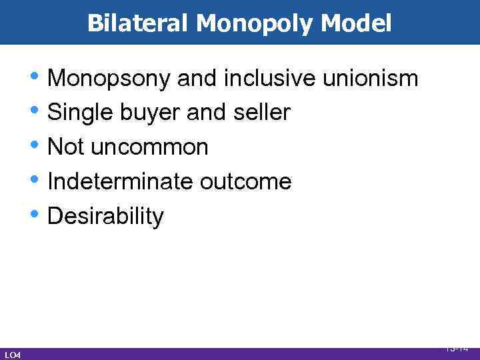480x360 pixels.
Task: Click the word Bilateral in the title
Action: (138, 24)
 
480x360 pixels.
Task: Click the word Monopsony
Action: (110, 79)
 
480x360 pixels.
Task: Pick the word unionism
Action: (370, 79)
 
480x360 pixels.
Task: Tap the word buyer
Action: (150, 113)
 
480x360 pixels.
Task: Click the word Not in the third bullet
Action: (65, 147)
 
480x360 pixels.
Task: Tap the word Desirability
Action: (105, 216)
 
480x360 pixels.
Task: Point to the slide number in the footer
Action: (457, 348)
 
